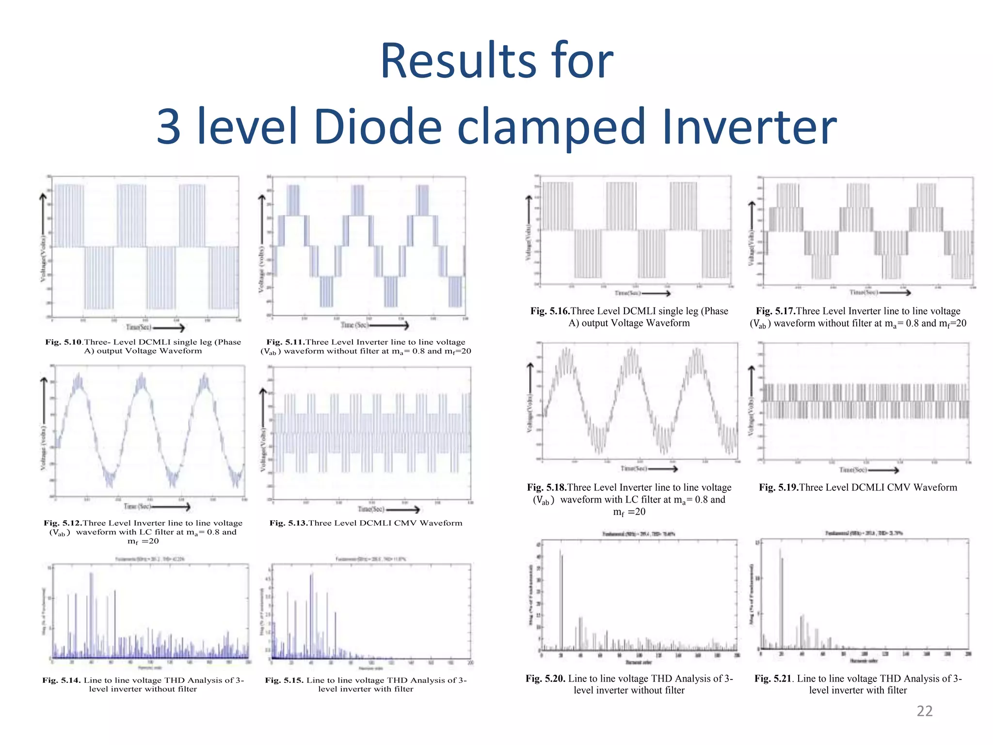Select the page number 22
(x=924, y=711)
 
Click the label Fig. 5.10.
(x=64, y=342)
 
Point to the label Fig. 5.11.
(x=285, y=342)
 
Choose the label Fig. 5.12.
(x=63, y=523)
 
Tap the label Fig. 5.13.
(x=288, y=523)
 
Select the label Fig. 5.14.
(x=61, y=680)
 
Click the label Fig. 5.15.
(x=284, y=680)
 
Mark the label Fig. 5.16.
(x=550, y=311)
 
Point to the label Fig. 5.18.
(x=546, y=487)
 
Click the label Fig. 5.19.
(x=779, y=487)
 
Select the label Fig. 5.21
(x=774, y=679)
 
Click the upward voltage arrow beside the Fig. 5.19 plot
(x=752, y=383)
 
